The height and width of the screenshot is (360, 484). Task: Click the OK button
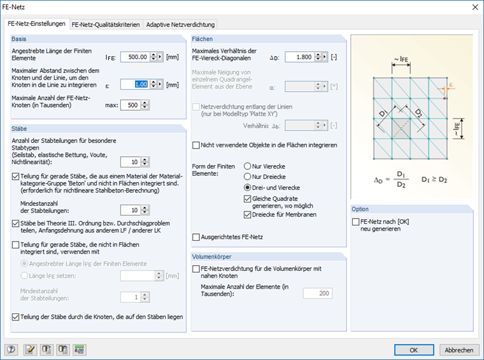click(413, 350)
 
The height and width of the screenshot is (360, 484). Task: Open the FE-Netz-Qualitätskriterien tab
click(106, 25)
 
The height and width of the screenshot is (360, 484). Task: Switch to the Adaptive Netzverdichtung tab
click(180, 25)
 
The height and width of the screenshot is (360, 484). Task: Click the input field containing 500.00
click(134, 57)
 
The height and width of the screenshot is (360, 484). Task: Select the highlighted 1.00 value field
click(134, 84)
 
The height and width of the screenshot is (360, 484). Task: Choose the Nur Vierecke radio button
click(248, 166)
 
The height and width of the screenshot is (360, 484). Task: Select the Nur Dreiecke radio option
click(248, 176)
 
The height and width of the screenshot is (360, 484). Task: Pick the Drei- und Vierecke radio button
click(248, 187)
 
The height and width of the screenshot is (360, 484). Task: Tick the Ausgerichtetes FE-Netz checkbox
click(196, 237)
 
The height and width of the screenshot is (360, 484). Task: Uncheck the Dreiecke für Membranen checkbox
click(248, 215)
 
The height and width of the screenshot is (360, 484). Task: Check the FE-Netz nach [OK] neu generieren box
click(355, 221)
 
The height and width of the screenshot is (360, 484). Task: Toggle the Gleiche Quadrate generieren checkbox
click(248, 199)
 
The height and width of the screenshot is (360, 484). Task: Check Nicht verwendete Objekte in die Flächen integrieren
click(196, 145)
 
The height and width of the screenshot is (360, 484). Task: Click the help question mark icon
click(11, 349)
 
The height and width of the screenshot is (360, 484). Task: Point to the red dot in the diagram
click(445, 99)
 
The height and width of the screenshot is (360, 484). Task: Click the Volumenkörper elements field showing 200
click(317, 293)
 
